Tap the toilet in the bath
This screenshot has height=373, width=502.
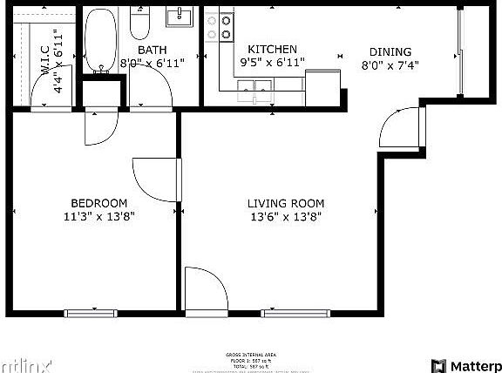point(141,24)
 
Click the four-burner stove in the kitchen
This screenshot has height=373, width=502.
point(219,27)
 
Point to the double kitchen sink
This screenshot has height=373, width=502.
point(256,85)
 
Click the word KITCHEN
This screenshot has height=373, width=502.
point(272,50)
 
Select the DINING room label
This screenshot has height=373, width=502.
point(390,51)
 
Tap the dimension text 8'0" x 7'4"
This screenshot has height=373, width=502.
point(390,64)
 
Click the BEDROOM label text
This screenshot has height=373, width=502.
point(98,202)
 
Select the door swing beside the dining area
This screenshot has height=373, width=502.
point(399,129)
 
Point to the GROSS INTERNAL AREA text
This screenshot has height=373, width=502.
point(251,355)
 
